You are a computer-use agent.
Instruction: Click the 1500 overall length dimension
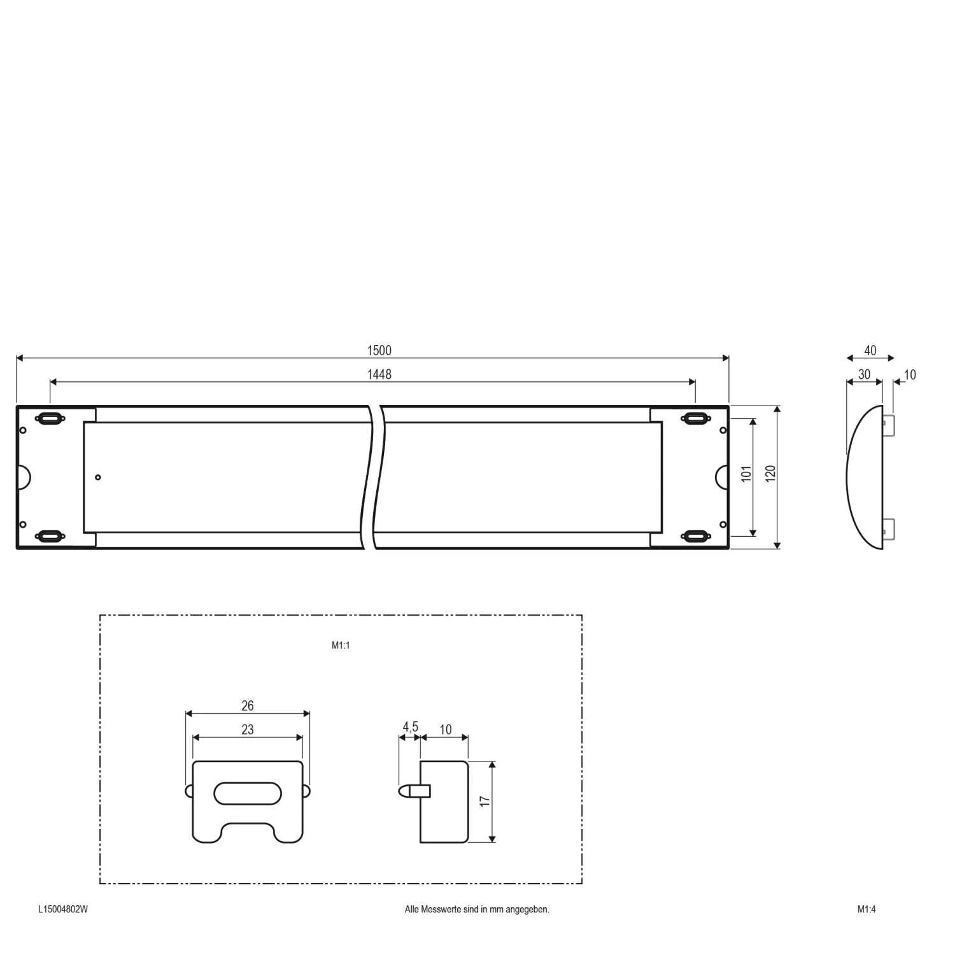[x=379, y=350]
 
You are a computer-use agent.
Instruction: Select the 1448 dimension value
[x=379, y=374]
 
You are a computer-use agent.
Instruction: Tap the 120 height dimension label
[x=770, y=474]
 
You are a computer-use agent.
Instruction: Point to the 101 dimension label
[x=747, y=474]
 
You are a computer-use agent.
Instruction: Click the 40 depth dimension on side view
[x=870, y=350]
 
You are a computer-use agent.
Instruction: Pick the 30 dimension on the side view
[x=864, y=374]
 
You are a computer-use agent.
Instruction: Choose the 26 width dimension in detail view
[x=248, y=705]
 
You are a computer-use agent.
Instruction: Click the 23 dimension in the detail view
[x=248, y=730]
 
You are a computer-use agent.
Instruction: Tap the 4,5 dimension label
[x=410, y=727]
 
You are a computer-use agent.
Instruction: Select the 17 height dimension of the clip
[x=485, y=802]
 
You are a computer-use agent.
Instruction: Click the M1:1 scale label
[x=341, y=645]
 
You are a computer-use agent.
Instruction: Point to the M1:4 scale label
[x=867, y=909]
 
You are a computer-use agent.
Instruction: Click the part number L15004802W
[x=63, y=909]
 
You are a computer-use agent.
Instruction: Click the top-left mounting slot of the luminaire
[x=50, y=418]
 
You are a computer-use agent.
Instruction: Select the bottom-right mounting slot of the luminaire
[x=695, y=535]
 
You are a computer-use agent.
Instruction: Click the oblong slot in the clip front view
[x=248, y=793]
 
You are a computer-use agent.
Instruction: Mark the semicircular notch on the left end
[x=24, y=477]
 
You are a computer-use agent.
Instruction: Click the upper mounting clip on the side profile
[x=889, y=425]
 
